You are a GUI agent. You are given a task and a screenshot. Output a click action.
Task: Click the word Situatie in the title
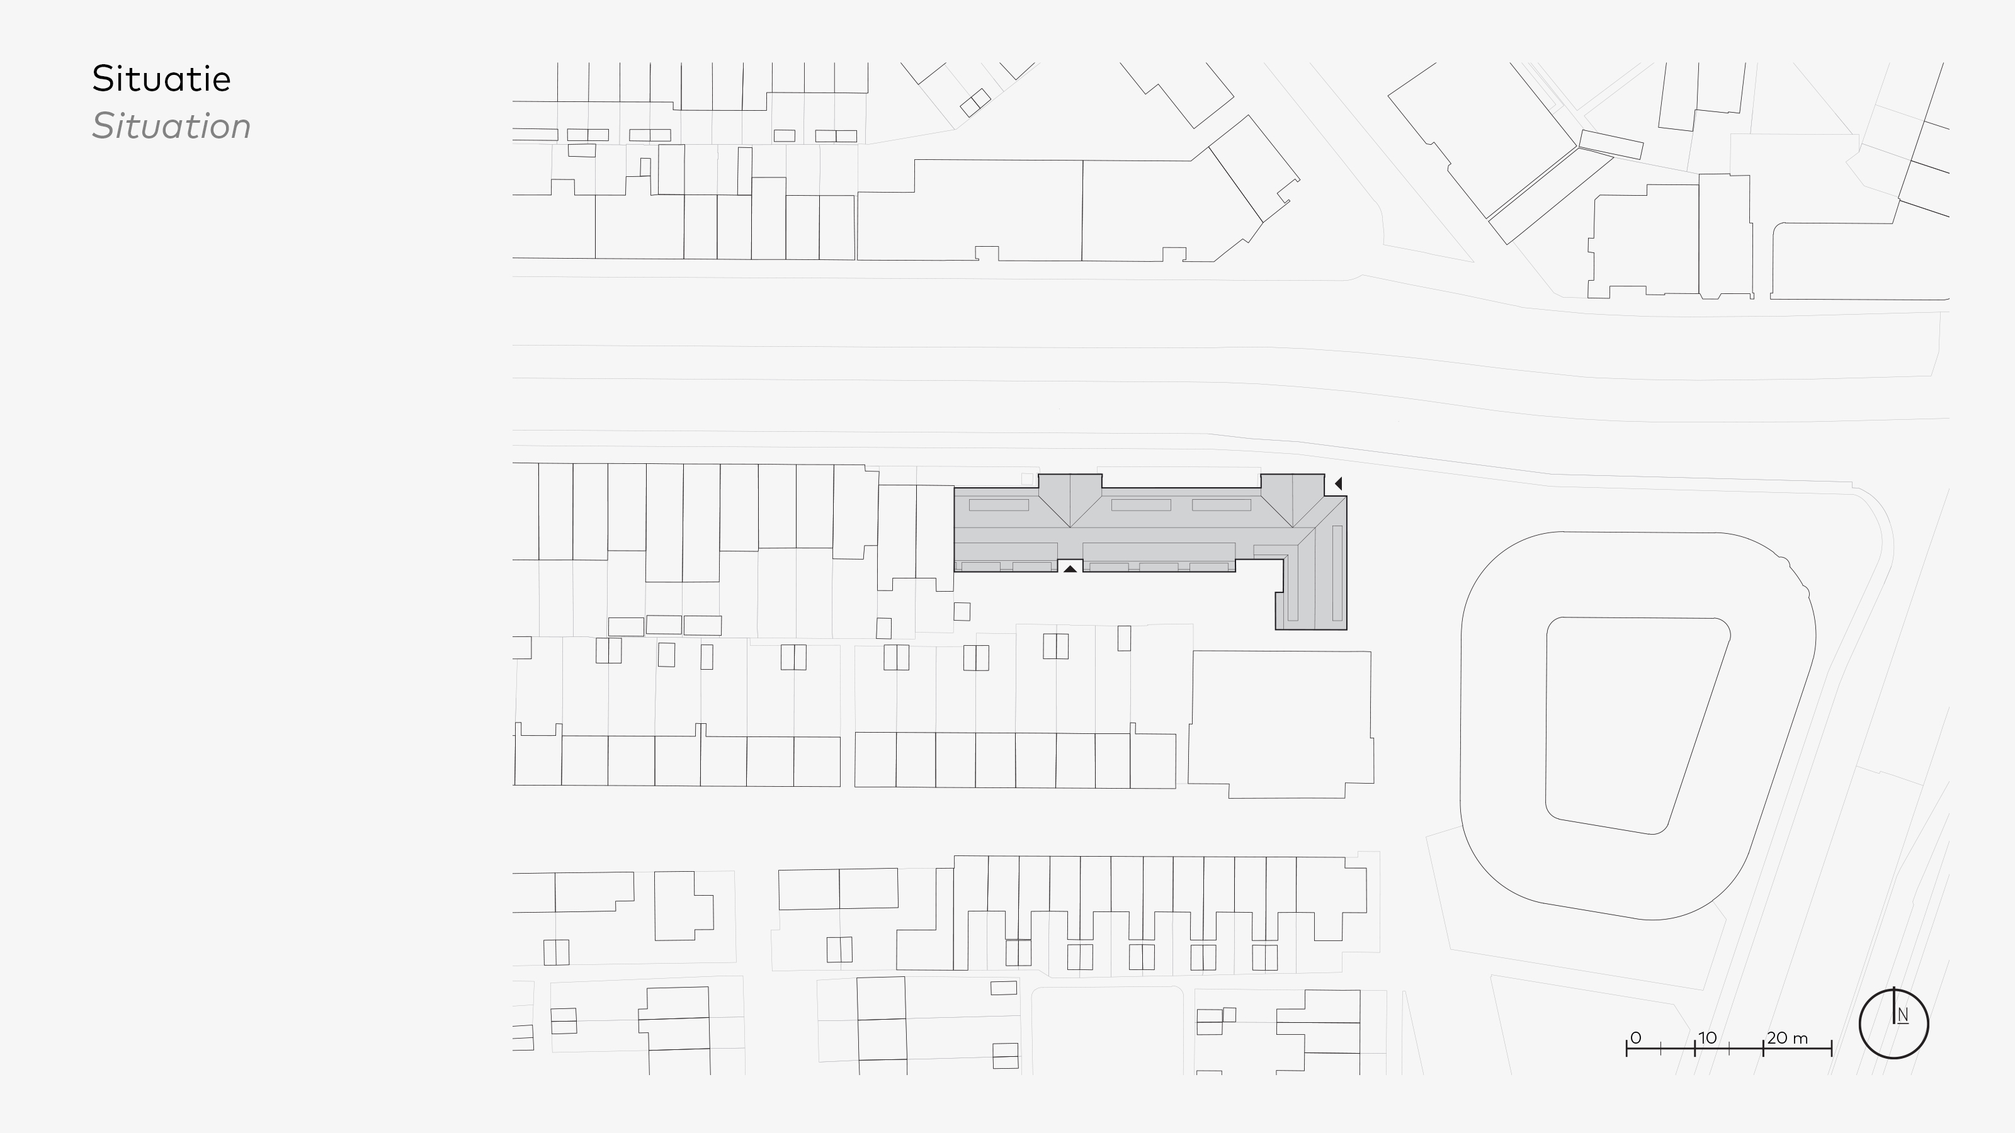tap(161, 79)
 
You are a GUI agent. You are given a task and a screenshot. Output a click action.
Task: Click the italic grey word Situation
tap(171, 127)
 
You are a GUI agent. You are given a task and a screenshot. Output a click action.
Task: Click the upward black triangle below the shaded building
tap(1070, 569)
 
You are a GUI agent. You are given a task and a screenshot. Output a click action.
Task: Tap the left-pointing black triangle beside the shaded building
tap(1338, 484)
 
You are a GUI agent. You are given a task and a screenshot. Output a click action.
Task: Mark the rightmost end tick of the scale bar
tap(1831, 1048)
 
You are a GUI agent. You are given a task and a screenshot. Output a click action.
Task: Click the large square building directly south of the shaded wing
tap(1281, 723)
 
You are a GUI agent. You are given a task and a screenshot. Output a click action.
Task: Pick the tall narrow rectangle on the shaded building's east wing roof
tap(1337, 573)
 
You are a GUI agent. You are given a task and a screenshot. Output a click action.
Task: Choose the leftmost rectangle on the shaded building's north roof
tap(999, 505)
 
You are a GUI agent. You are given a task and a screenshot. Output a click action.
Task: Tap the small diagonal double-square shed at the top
tap(975, 103)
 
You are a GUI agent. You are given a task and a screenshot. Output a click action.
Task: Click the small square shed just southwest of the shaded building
tap(962, 611)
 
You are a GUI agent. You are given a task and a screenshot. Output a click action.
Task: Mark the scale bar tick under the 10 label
tap(1695, 1048)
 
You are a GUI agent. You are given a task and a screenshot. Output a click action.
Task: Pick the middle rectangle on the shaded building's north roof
tap(1141, 505)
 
